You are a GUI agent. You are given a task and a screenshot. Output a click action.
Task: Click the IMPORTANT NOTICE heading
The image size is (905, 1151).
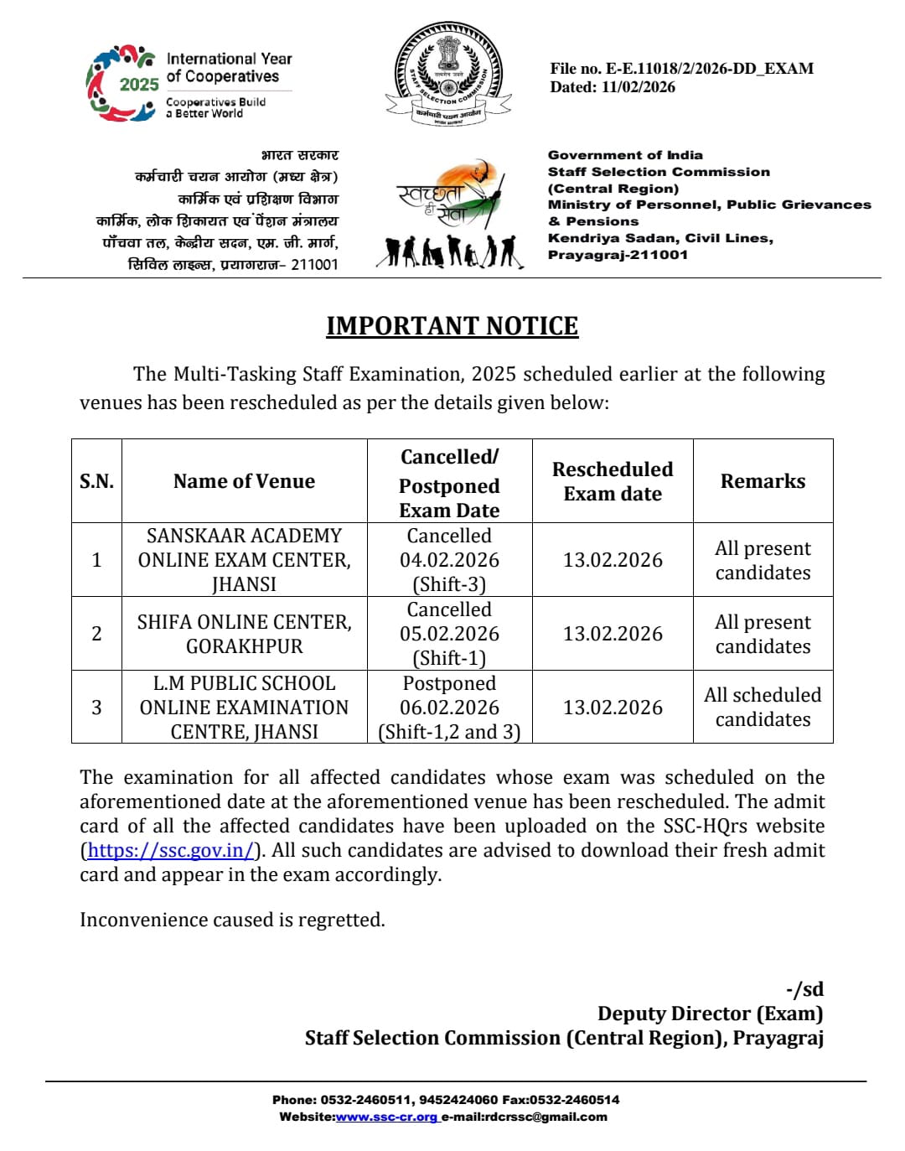click(x=452, y=326)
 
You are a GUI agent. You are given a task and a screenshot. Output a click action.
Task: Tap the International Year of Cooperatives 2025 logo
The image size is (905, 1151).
click(x=189, y=84)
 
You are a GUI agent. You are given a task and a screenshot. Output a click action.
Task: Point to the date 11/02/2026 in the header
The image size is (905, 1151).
click(x=638, y=87)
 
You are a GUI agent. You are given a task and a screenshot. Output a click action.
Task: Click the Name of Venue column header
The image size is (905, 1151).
click(x=244, y=481)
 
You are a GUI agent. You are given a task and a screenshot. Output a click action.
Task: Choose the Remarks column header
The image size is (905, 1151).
click(x=763, y=481)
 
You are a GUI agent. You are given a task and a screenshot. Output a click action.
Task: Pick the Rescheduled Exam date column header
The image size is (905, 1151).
click(x=613, y=481)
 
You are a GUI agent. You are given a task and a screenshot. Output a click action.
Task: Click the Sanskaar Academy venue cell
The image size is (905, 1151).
click(x=244, y=559)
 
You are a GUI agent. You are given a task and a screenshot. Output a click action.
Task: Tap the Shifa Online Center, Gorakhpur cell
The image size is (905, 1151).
click(x=244, y=634)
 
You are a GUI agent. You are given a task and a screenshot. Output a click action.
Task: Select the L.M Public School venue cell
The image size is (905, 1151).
click(x=244, y=708)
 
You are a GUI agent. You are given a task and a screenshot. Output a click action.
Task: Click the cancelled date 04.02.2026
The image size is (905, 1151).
click(x=449, y=560)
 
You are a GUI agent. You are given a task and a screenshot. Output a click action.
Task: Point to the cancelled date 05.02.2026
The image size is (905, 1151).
click(x=449, y=634)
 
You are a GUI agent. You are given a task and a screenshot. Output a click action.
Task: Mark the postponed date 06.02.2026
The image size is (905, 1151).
click(x=449, y=708)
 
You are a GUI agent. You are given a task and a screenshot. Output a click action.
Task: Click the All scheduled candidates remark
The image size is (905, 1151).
click(x=763, y=707)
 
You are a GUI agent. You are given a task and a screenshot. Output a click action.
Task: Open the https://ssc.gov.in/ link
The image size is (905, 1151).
click(x=170, y=850)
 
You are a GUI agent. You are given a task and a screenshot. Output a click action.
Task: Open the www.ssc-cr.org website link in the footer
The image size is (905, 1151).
click(x=386, y=1117)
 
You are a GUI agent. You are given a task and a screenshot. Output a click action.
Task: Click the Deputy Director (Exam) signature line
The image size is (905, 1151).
click(x=710, y=1014)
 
